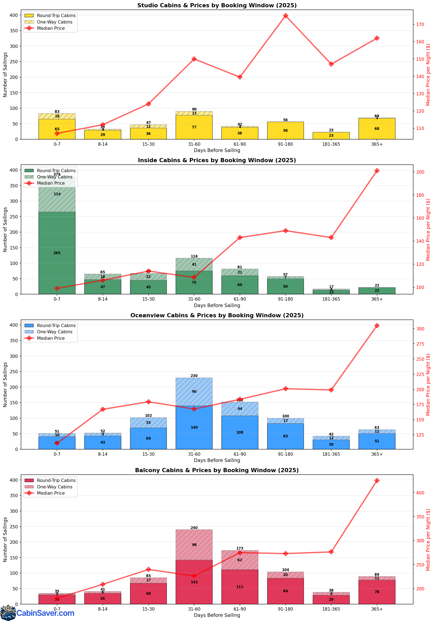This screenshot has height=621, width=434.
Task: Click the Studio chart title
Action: (x=217, y=5)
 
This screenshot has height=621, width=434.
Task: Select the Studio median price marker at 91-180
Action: (x=285, y=16)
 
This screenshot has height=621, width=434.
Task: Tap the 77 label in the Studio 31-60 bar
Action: (x=194, y=127)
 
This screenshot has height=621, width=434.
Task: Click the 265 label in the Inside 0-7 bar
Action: (x=57, y=253)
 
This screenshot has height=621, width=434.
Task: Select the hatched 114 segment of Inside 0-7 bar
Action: (x=57, y=194)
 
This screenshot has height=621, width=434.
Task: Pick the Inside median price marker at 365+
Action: (x=377, y=171)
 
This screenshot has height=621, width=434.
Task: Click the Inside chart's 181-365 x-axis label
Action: (x=331, y=299)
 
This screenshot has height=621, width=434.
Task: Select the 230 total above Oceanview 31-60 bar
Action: (x=194, y=376)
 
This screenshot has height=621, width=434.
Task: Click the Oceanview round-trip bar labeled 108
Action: (x=240, y=432)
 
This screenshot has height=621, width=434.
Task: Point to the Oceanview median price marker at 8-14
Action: (x=103, y=409)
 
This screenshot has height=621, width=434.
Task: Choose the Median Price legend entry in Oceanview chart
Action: (x=51, y=338)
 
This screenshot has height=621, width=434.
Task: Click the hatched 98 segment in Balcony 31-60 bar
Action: (x=194, y=545)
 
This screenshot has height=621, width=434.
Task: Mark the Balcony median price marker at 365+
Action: (x=377, y=480)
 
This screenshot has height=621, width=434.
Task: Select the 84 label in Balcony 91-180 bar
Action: (x=285, y=591)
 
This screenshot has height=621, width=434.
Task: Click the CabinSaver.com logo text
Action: (x=45, y=613)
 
